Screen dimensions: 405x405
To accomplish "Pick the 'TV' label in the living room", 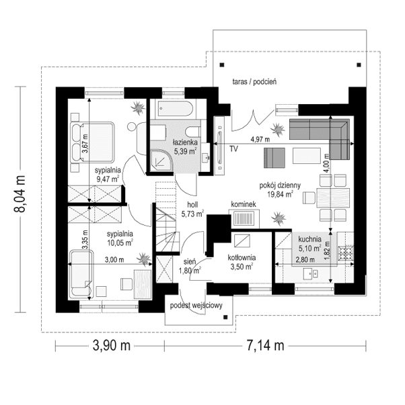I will click(233, 148).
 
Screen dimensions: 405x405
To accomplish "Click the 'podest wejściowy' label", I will click(196, 306).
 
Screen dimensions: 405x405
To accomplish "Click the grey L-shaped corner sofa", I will click(323, 132).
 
